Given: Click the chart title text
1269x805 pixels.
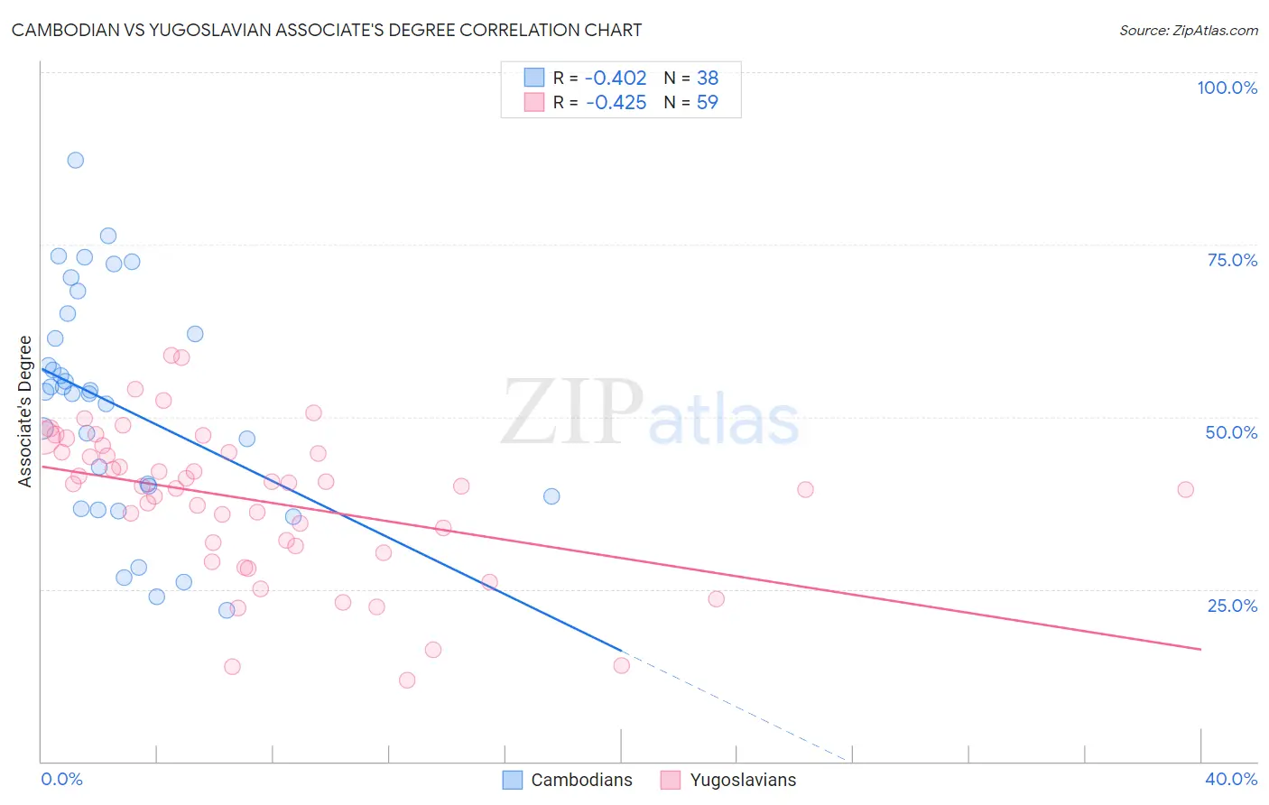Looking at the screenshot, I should click(327, 30).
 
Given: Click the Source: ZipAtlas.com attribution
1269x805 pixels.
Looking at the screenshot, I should click(1188, 30).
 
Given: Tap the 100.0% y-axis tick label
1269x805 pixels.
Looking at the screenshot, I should click(1227, 88).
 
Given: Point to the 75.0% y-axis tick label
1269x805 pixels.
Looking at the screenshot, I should click(1232, 260).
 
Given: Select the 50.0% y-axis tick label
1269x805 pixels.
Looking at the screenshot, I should click(1231, 432).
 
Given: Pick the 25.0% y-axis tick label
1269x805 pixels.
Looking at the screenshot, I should click(1232, 606).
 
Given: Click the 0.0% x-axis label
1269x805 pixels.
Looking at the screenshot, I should click(62, 779).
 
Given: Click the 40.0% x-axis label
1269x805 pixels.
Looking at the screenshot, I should click(1231, 779).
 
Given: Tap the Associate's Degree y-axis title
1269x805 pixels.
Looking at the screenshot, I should click(25, 412).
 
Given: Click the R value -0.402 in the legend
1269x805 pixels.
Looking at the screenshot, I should click(616, 79).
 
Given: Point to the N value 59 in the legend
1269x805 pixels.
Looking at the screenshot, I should click(707, 103).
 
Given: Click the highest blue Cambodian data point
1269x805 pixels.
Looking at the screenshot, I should click(76, 160).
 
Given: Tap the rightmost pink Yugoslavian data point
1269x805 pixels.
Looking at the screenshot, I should click(1185, 489).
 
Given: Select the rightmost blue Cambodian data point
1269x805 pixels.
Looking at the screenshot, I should click(551, 496).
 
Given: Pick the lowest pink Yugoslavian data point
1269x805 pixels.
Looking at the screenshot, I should click(407, 680).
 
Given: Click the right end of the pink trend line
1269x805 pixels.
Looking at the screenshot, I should click(1200, 649).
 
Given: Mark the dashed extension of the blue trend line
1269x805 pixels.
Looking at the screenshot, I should click(736, 707).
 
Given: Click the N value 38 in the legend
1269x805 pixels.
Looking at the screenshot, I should click(707, 79).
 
